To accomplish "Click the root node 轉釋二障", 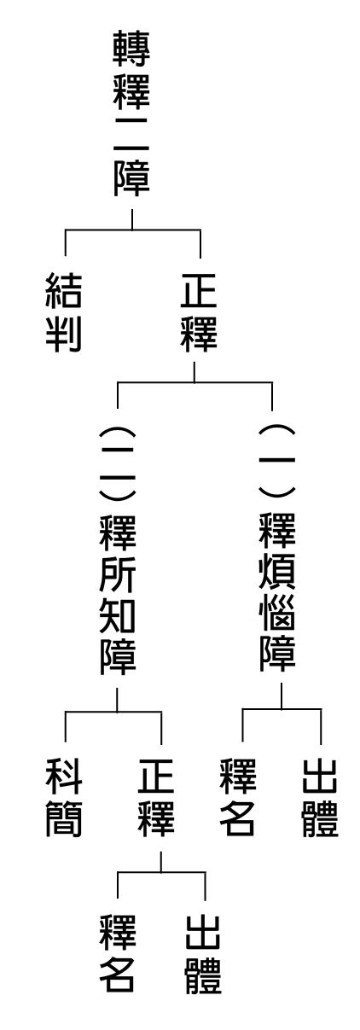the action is pos(132,113).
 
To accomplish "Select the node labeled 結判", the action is pos(64,312).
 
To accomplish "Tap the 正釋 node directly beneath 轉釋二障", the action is pos(198,312).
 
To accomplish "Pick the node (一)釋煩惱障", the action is pos(276,548).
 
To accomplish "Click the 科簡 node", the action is pos(64,797).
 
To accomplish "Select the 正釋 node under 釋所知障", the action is pos(156,797).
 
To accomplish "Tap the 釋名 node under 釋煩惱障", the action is pos(237,797).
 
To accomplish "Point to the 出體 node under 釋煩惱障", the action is pos(320,797).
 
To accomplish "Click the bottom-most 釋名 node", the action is pos(118,954).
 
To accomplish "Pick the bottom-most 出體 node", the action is pos(204,954).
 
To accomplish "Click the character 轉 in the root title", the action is pos(132,49).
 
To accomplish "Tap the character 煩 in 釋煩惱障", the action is pos(276,573).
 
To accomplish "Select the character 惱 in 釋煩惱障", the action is pos(276,614).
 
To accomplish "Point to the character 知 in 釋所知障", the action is pos(118,616).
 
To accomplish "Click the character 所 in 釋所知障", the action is pos(118,575).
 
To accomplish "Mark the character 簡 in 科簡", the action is pos(64,818).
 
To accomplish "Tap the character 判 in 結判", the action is pos(64,334).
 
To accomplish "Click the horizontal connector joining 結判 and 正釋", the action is pos(133,230).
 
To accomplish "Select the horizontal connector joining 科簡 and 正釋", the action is pos(113,712).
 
